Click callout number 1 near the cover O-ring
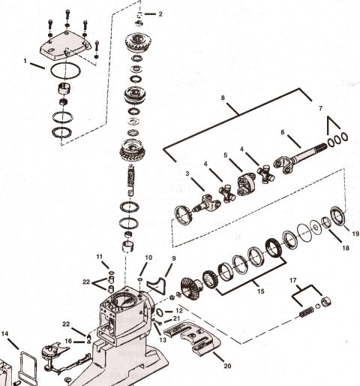pos(25,61)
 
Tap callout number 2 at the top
pos(160,14)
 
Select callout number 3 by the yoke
pos(187,173)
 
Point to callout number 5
pos(226,155)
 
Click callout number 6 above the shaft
pos(283,132)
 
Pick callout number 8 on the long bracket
pos(223,98)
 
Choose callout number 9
pos(174,258)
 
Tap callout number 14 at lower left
pos(4,333)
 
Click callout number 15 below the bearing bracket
pos(261,291)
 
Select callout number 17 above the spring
pos(292,280)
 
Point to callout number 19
pos(355,234)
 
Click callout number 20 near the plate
pos(227,366)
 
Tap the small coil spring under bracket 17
pos(307,312)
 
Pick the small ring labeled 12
pos(160,312)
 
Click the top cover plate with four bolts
pos(64,47)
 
